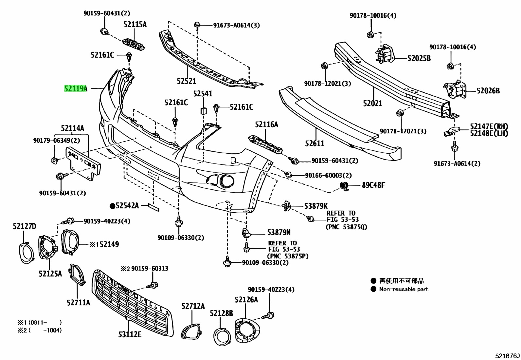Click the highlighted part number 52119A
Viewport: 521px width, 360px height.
click(76, 89)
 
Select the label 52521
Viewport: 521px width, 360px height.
click(187, 81)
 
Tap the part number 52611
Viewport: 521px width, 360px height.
click(315, 143)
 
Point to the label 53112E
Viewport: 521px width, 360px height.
click(130, 335)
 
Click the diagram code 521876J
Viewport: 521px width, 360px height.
click(507, 356)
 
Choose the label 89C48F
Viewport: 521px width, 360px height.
click(373, 185)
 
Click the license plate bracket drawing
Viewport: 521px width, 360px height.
click(83, 163)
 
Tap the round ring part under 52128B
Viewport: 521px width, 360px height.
click(222, 337)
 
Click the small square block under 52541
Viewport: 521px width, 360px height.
click(204, 111)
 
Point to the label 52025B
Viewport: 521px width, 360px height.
click(419, 58)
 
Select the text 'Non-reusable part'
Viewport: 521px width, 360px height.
click(404, 289)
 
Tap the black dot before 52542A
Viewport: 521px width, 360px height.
click(113, 206)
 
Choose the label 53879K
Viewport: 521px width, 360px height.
click(316, 206)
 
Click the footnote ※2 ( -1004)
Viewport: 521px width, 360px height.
click(40, 330)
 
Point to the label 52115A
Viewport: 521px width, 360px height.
click(135, 25)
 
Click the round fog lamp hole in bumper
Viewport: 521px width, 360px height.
click(227, 181)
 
